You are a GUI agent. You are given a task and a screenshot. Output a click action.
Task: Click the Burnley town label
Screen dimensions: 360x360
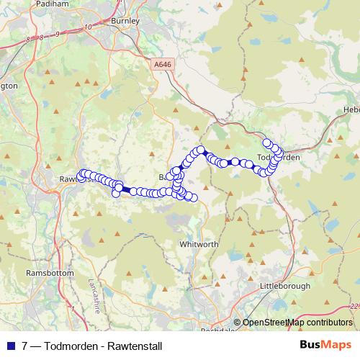point(120,22)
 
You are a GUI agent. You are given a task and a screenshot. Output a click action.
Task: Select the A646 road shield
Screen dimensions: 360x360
point(163,64)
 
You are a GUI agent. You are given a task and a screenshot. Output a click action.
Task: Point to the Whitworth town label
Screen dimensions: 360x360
point(198,245)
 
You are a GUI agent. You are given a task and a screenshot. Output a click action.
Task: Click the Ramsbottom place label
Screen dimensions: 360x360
point(46,274)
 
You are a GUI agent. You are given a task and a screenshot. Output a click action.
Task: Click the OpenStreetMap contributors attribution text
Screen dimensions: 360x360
point(297,323)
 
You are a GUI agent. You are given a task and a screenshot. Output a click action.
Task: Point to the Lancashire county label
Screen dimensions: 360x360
point(94,295)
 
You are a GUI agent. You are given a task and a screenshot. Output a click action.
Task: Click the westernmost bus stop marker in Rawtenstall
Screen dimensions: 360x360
point(81,177)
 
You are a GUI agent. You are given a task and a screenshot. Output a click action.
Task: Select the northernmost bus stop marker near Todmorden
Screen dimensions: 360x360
point(267,143)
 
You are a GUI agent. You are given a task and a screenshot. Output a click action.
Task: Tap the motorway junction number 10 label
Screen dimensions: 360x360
point(87,27)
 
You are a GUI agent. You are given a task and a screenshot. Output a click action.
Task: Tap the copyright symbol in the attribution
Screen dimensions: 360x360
point(238,323)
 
